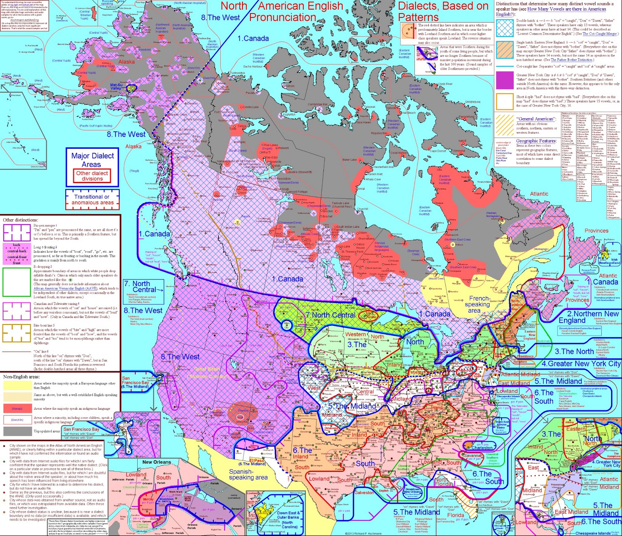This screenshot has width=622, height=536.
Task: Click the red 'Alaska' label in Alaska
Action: tap(126, 62)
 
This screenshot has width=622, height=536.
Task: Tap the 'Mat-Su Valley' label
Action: tap(115, 87)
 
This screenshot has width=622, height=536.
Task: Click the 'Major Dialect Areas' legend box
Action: tap(93, 160)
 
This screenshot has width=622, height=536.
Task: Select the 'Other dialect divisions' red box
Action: tap(92, 176)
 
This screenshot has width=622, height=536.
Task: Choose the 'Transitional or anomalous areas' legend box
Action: tap(93, 199)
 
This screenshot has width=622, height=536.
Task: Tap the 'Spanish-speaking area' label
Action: tap(248, 474)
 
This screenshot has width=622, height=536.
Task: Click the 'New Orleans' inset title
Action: tap(157, 462)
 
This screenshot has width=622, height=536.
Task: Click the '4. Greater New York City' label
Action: tap(581, 363)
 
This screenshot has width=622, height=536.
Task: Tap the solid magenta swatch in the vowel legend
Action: tap(505, 80)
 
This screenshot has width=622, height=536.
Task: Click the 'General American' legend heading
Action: tap(535, 119)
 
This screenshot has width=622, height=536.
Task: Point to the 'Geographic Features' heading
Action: tap(536, 141)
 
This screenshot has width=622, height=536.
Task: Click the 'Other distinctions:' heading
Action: tap(20, 220)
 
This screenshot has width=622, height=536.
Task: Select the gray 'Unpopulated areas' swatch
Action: tap(17, 431)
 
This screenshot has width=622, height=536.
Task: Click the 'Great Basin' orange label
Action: tap(206, 369)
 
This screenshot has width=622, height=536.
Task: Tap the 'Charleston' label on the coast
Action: tap(482, 448)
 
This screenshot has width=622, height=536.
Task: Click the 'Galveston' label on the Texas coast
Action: tap(364, 492)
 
